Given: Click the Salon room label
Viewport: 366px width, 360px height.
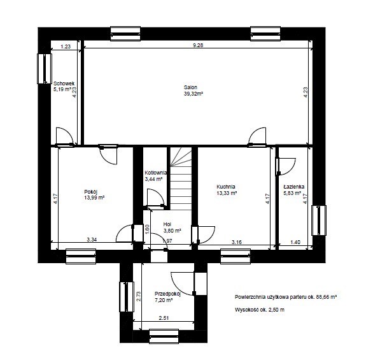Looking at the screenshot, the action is (x=190, y=87).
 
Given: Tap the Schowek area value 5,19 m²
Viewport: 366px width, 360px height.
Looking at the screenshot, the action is (x=62, y=89).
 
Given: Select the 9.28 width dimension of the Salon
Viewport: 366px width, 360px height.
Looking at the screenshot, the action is (x=198, y=45).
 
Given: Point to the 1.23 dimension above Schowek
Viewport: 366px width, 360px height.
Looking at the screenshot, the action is (x=66, y=47).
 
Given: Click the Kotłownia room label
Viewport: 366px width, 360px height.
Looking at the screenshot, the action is (x=156, y=173).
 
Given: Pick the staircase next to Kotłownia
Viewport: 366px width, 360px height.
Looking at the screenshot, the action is (x=181, y=178).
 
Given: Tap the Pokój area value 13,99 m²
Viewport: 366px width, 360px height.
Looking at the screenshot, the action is (x=94, y=198).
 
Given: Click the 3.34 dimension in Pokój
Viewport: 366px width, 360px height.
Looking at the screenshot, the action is (x=92, y=240).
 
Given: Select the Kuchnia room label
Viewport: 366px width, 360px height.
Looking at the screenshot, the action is (x=226, y=187).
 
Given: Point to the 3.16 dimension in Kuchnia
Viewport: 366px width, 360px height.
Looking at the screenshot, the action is (x=237, y=242).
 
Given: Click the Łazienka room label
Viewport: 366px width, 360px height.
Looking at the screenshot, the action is (x=294, y=187).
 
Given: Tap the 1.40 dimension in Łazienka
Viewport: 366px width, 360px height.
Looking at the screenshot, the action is (x=295, y=242).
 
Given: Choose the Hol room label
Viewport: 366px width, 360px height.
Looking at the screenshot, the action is (x=167, y=224).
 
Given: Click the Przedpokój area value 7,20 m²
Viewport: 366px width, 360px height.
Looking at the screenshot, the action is (x=164, y=300).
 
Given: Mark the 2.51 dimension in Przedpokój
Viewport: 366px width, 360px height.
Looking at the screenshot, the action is (x=164, y=318).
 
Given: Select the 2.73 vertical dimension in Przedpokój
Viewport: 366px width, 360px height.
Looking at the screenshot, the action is (x=139, y=296).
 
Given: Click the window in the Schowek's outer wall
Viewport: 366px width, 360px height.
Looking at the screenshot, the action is (x=45, y=68).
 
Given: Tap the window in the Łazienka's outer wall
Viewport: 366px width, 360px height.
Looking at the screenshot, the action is (x=319, y=220).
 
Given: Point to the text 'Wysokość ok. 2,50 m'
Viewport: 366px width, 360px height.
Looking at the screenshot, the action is (x=260, y=310).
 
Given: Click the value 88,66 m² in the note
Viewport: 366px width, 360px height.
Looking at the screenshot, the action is (x=327, y=297).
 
